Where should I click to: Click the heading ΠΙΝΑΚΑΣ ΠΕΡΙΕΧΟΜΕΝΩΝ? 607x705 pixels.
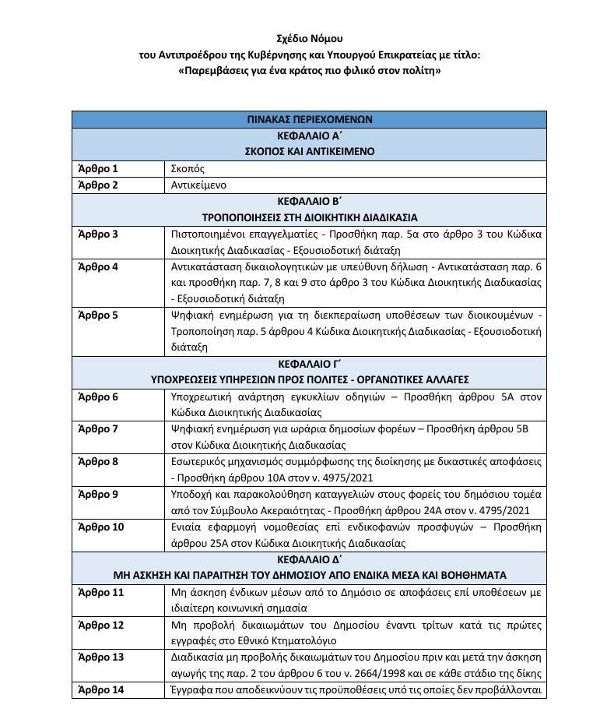[309, 120]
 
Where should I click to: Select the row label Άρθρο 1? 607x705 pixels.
[98, 168]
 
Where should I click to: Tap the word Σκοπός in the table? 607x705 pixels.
[188, 168]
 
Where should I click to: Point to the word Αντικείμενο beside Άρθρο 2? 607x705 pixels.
[198, 185]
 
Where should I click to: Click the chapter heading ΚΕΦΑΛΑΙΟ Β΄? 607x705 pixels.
[309, 201]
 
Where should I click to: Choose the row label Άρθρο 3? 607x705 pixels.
[98, 234]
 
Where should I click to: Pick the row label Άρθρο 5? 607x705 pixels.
[98, 315]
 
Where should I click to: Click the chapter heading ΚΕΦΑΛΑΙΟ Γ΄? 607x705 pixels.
[309, 364]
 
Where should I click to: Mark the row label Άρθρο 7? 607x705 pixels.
[98, 428]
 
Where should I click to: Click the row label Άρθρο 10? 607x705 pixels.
[101, 527]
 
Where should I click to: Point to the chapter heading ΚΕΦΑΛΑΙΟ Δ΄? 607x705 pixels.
[309, 559]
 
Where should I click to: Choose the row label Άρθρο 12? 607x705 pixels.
[101, 625]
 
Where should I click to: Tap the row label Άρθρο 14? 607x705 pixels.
[101, 689]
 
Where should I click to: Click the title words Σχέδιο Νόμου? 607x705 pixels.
[309, 38]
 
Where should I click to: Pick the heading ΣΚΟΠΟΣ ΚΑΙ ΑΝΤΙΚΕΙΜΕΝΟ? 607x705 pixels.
[309, 152]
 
